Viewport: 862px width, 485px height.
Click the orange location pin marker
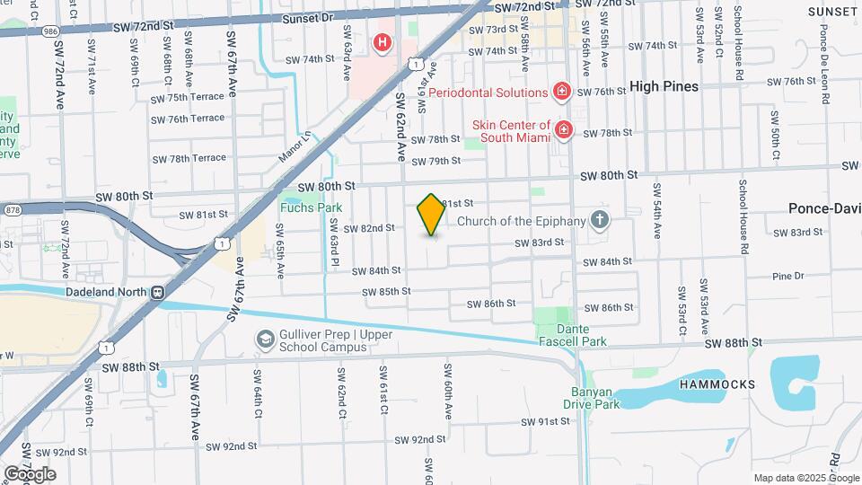pos(431,214)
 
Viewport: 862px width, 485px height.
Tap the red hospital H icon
pos(383,42)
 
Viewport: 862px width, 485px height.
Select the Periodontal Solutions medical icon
pos(562,92)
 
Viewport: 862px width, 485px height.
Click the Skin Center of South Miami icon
pos(564,131)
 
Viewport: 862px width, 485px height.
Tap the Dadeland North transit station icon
pos(157,292)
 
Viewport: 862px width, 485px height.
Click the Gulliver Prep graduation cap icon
pos(265,339)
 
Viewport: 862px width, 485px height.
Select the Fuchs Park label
pos(299,208)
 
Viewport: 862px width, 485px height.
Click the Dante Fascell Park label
pos(573,335)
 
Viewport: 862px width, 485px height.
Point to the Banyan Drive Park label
pos(592,398)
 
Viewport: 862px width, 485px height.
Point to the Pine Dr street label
pos(787,276)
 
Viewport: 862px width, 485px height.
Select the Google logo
pos(30,474)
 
